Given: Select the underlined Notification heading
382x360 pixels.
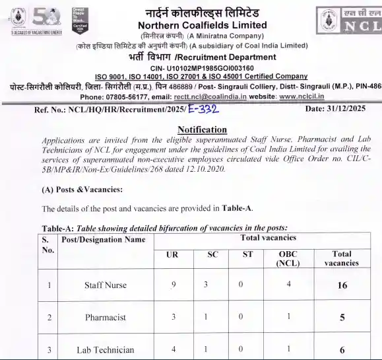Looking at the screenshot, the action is tap(203, 129).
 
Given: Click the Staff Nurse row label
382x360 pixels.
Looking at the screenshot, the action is tap(105, 286).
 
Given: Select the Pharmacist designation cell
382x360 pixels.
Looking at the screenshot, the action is tap(105, 318).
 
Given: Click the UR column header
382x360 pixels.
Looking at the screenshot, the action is tap(172, 254).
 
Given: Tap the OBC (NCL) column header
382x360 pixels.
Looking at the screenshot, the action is tap(287, 258).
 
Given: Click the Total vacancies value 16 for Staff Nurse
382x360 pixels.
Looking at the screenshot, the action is tap(342, 286).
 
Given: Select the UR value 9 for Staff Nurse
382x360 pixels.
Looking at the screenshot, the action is tap(173, 285).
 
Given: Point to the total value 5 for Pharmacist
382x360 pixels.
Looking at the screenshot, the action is tap(342, 318).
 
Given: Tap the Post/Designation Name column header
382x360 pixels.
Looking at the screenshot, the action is tap(103, 240).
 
